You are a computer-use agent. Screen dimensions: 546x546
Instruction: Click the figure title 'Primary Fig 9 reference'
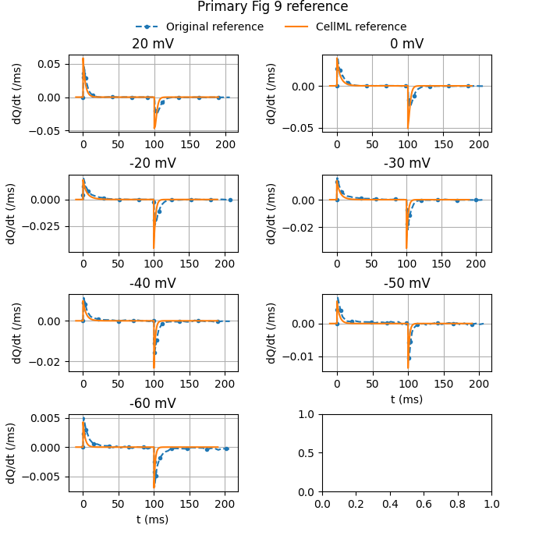(272, 7)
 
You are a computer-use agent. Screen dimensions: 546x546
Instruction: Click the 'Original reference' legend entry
(214, 27)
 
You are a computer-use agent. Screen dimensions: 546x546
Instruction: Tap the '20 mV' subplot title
(153, 44)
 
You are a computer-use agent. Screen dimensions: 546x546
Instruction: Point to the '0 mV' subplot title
(406, 44)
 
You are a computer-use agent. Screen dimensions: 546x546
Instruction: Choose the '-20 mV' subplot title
(153, 164)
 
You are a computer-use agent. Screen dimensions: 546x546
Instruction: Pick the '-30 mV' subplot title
(406, 164)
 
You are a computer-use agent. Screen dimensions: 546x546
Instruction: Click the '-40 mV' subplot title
(153, 283)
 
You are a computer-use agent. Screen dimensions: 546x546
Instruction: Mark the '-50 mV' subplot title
(406, 283)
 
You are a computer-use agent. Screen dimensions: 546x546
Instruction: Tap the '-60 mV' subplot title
(153, 403)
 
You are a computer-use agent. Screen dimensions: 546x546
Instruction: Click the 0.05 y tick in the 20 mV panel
(49, 63)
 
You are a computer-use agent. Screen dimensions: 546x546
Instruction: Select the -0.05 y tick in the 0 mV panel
(301, 128)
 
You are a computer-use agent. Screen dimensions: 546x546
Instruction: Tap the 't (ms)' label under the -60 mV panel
(153, 519)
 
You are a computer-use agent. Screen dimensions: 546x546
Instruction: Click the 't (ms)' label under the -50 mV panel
(406, 399)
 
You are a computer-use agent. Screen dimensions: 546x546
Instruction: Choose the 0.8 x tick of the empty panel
(458, 504)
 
